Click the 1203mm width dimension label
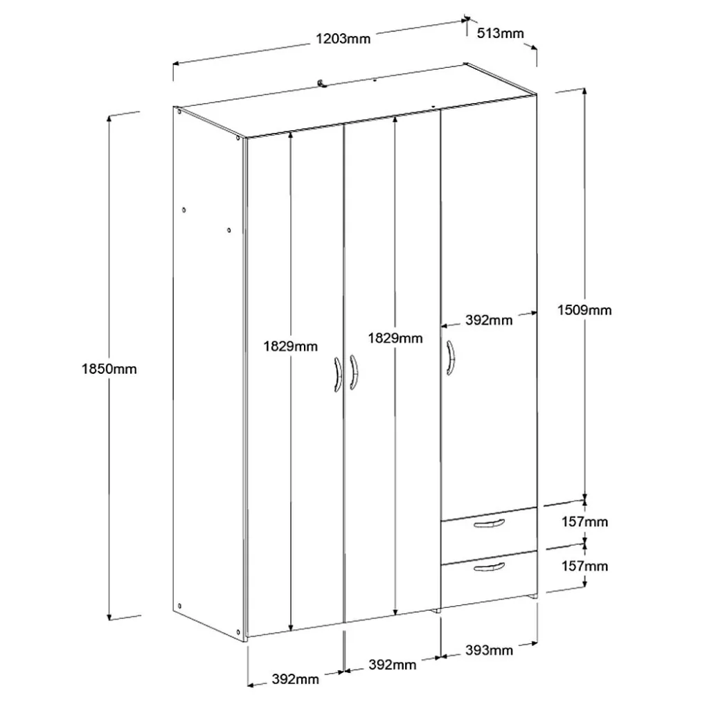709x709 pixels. [343, 39]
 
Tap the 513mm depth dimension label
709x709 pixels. [500, 33]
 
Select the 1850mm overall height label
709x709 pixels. [109, 369]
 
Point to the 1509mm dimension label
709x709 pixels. [584, 310]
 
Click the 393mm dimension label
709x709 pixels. [489, 650]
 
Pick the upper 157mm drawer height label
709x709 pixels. [584, 522]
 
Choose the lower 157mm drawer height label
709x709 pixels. [584, 566]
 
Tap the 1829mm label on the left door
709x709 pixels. [290, 346]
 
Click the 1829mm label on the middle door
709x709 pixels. [395, 338]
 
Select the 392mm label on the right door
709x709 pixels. [489, 320]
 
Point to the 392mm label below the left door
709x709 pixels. [295, 679]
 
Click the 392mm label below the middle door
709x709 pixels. [392, 665]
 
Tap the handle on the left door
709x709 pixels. [338, 375]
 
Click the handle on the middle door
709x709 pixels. [354, 372]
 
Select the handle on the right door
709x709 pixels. [450, 358]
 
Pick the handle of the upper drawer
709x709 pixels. [489, 523]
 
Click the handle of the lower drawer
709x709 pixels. [490, 567]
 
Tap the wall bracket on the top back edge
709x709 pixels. [321, 83]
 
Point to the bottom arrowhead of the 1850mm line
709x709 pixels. [109, 617]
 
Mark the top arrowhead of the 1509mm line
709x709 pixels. [584, 91]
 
